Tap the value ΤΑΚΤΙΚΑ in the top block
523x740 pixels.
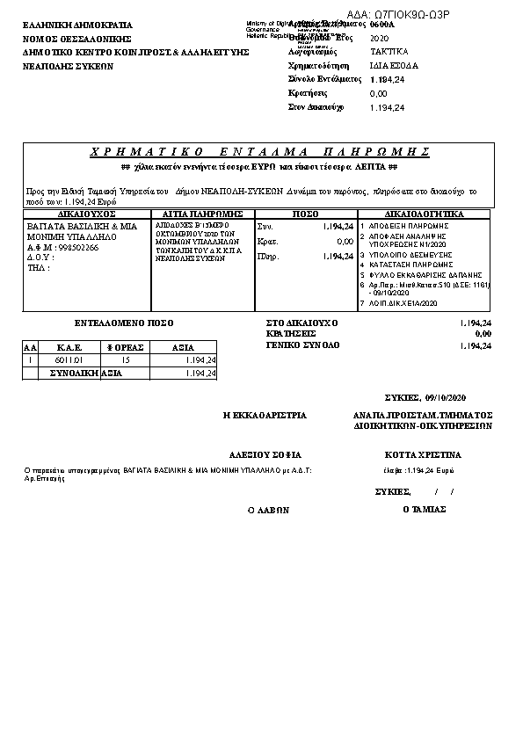point(389,53)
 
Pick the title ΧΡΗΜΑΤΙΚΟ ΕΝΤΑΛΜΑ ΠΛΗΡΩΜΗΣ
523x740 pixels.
point(259,151)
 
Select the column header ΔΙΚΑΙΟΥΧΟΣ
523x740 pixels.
point(86,214)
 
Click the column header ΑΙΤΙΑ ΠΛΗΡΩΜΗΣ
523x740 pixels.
point(202,214)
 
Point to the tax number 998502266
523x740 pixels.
point(77,248)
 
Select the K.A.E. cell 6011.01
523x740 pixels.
point(69,360)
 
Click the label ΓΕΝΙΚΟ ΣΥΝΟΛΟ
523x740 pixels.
point(302,346)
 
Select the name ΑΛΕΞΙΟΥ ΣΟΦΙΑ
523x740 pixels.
point(265,455)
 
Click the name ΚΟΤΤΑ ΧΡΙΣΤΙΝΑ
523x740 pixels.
point(423,455)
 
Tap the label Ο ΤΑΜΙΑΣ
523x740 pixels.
point(422,509)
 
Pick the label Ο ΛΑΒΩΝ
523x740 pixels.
point(267,510)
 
